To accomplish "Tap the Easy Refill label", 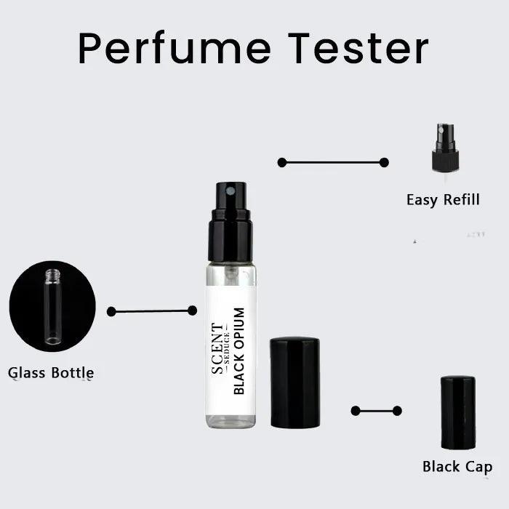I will (443, 199).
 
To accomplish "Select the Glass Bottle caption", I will (51, 373).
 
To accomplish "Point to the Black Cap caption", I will (457, 466).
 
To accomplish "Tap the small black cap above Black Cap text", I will (458, 412).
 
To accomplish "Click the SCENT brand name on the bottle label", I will (218, 348).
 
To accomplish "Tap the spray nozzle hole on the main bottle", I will (231, 191).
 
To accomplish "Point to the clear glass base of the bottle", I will (231, 420).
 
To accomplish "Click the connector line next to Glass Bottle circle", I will (151, 311).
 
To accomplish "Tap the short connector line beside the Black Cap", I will (376, 411).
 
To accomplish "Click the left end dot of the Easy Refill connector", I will (282, 162).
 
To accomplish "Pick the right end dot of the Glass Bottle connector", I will (192, 310).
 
